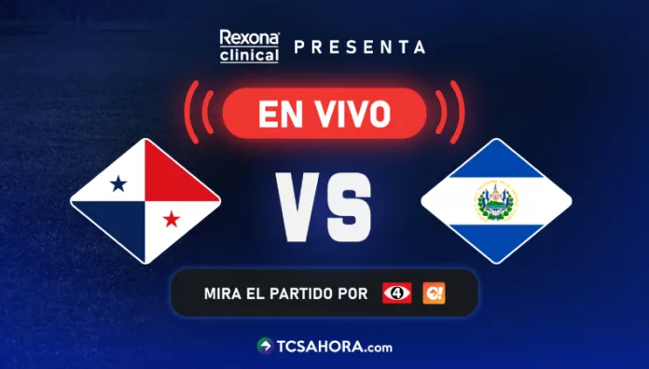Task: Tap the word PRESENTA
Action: coord(360,47)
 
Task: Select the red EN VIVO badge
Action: coord(324,113)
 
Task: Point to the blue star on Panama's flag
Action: coord(118,184)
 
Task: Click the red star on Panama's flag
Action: coord(172,219)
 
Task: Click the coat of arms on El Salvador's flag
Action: coord(495,201)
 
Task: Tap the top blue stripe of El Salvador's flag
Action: coord(495,163)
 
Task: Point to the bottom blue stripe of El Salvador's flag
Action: coord(495,239)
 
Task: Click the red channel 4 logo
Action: coord(396,293)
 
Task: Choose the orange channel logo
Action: coord(434,293)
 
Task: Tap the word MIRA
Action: coord(221,294)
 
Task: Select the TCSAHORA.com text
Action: coord(334,346)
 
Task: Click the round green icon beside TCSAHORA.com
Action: coord(265,346)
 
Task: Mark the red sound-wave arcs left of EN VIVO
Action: coord(197,113)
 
